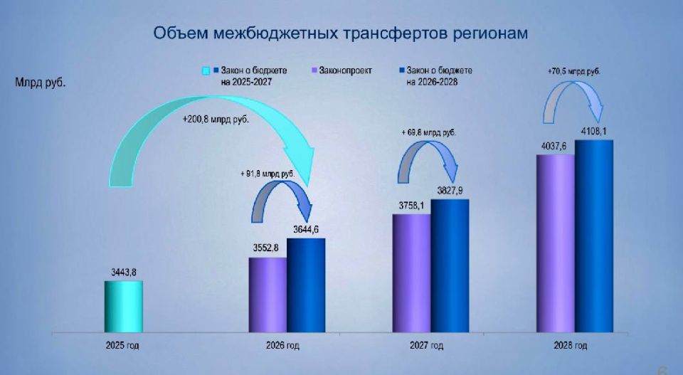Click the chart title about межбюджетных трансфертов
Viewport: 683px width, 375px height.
[341, 33]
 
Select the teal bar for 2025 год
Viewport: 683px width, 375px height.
[124, 307]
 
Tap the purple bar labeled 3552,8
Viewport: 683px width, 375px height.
[268, 295]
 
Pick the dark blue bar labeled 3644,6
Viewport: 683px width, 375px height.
[306, 285]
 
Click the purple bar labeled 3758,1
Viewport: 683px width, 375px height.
[411, 273]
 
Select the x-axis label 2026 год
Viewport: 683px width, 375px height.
[282, 346]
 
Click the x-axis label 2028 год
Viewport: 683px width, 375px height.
[570, 346]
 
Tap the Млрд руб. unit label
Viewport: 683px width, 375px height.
[41, 83]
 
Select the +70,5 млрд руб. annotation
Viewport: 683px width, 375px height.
[573, 71]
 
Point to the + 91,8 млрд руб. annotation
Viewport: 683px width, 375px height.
[268, 174]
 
